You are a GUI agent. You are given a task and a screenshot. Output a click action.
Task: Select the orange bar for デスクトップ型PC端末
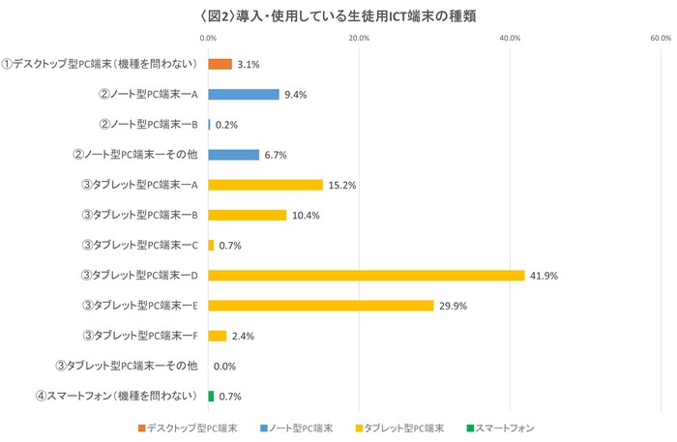coord(220,64)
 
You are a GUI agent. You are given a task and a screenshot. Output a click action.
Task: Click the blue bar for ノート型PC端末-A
coord(243,95)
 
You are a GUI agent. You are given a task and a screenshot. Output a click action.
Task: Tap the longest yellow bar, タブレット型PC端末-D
coord(366,276)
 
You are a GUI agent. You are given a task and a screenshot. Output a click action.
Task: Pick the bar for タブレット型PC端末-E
coord(320,306)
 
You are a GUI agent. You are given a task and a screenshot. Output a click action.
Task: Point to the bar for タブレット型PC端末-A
coord(265,185)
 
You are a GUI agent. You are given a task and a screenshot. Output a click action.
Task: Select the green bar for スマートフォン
coord(211,397)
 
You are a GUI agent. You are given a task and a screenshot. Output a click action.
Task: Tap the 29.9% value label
coord(453,306)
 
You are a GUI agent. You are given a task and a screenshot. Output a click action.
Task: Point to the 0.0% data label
coord(224,367)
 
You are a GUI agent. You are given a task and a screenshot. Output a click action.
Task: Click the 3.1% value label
coord(249,65)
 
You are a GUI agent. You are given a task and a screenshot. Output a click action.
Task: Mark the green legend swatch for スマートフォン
coord(468,427)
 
